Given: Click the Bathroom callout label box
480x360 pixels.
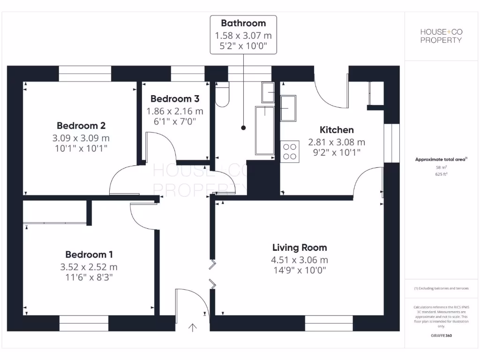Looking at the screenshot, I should [243, 35].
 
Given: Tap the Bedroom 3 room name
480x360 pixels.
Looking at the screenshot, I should [175, 99].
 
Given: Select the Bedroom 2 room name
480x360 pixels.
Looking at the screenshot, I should [81, 126].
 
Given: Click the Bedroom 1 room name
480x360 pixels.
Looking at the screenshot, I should [89, 255].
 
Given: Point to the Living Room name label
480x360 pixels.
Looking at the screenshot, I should [300, 247].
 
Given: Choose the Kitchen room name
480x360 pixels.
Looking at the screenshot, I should [337, 130].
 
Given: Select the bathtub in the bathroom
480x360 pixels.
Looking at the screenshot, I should [265, 130].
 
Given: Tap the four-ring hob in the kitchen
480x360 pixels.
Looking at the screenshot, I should [290, 151].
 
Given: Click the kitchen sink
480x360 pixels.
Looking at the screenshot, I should [288, 108].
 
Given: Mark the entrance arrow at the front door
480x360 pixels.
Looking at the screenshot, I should [192, 327].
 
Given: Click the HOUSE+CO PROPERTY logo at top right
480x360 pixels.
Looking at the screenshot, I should [441, 36].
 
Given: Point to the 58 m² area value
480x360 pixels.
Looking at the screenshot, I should [441, 167].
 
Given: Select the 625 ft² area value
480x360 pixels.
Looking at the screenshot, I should [441, 174].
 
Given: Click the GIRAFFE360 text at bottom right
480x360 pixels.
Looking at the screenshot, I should [441, 336].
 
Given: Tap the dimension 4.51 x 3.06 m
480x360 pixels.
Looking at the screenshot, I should [300, 260].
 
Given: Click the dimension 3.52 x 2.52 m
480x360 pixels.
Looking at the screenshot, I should [89, 267].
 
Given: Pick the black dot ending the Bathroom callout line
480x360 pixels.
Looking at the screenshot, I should [243, 127].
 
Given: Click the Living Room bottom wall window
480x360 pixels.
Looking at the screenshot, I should [329, 323].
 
